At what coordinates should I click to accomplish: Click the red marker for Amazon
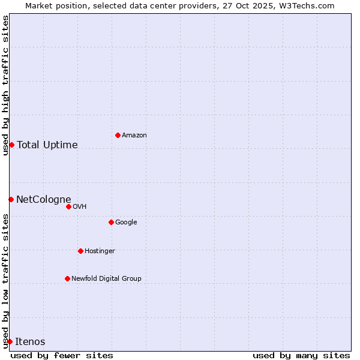click(118, 135)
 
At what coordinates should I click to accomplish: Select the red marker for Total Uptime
click(11, 145)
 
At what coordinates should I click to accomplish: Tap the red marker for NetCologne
click(11, 199)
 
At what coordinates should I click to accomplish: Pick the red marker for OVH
click(68, 206)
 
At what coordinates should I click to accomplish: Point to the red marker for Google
click(111, 222)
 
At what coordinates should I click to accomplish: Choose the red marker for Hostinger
click(80, 251)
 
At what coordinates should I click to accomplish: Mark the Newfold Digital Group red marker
click(67, 278)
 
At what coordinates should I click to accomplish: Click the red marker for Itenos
click(10, 341)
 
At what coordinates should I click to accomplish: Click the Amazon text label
click(134, 136)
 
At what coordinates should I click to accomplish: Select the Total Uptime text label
click(47, 145)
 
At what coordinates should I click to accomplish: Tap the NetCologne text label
click(44, 200)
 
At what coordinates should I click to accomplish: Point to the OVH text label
click(80, 207)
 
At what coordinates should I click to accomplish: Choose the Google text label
click(126, 223)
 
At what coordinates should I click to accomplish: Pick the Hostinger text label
click(100, 251)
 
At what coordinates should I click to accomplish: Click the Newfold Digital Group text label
click(106, 279)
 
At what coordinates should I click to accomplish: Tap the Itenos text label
click(30, 342)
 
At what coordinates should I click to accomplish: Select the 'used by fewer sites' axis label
click(62, 355)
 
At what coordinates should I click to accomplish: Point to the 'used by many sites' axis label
click(301, 355)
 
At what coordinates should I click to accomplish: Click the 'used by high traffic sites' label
click(5, 85)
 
